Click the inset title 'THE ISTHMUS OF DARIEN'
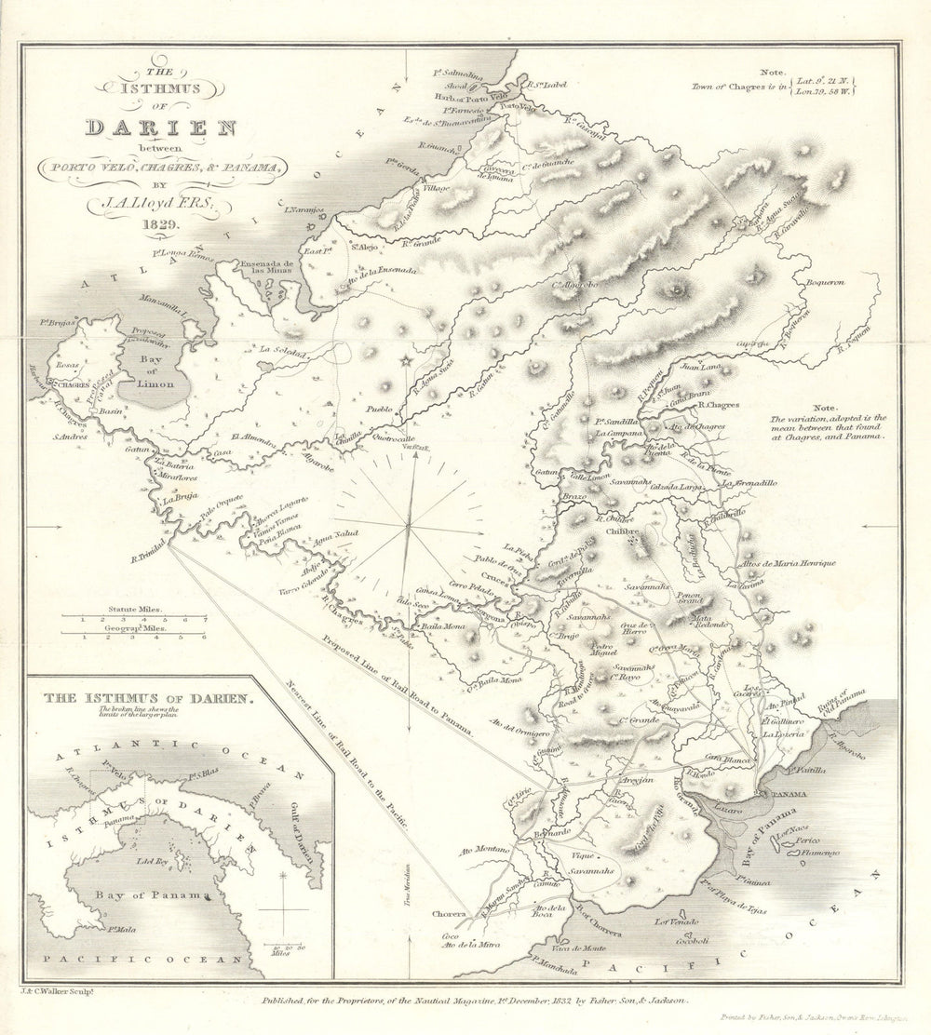pyautogui.click(x=141, y=696)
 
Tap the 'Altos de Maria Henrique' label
pyautogui.click(x=787, y=564)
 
